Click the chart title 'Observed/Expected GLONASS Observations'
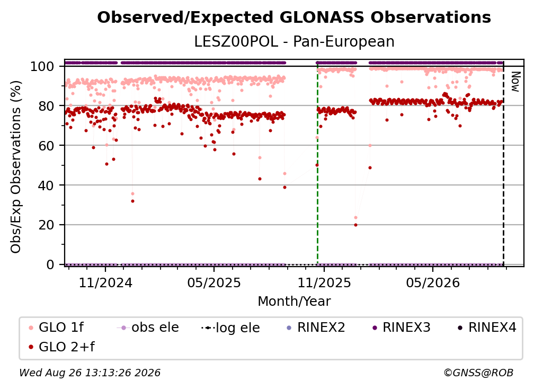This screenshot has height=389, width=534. click(294, 17)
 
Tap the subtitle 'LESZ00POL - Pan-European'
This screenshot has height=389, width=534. click(294, 41)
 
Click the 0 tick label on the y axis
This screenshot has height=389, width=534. click(50, 264)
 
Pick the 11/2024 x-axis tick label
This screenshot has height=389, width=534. click(105, 282)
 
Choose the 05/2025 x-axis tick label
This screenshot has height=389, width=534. click(214, 282)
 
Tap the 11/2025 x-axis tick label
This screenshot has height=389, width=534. click(324, 282)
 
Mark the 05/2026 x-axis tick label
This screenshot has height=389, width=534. click(433, 282)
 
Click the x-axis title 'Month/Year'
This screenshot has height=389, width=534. click(294, 301)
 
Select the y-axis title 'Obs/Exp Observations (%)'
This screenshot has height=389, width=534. click(16, 166)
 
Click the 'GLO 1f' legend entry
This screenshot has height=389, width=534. click(56, 328)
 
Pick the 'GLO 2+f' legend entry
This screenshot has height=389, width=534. click(61, 347)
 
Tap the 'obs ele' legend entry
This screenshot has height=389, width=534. click(147, 328)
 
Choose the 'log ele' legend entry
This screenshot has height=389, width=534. click(230, 328)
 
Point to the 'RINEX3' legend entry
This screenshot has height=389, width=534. click(402, 328)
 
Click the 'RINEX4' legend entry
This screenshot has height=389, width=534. click(487, 328)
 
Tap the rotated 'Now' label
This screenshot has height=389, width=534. click(515, 82)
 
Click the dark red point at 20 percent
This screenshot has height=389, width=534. click(355, 225)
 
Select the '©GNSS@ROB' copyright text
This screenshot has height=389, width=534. click(478, 373)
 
